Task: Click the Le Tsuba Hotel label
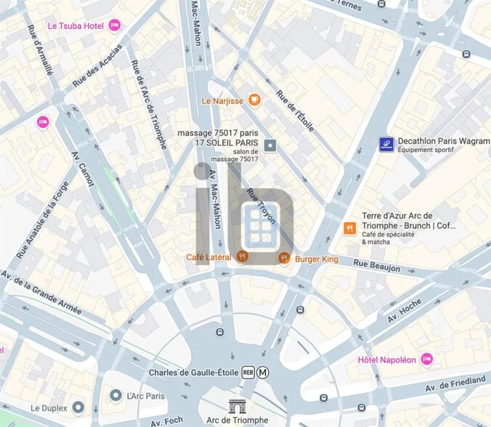(x=75, y=25)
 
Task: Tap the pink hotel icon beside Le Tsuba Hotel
(x=114, y=25)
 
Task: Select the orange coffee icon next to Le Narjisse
(x=253, y=100)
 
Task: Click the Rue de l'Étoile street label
(x=295, y=111)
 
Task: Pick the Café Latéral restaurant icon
(x=243, y=257)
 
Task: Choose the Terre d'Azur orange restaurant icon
(x=349, y=228)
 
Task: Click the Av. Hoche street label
(x=404, y=312)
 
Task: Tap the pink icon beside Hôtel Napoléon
(x=426, y=359)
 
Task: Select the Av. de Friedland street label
(x=457, y=386)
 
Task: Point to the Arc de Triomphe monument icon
(x=238, y=406)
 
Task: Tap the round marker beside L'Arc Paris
(x=115, y=395)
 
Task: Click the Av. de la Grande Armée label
(x=40, y=292)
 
